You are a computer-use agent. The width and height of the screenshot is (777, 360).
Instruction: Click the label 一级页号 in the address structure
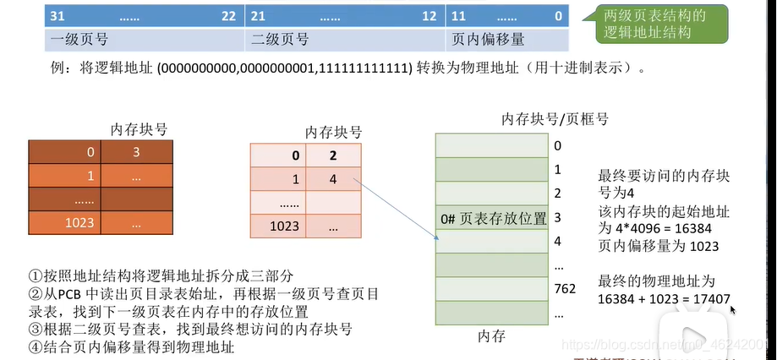[79, 39]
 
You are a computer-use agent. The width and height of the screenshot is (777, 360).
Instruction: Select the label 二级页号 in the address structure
[280, 39]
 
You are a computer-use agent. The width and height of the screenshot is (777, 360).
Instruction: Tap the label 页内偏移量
[489, 39]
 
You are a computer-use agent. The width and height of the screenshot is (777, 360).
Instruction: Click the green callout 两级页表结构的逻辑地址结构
[654, 23]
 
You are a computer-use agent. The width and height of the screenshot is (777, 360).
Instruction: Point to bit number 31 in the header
[57, 16]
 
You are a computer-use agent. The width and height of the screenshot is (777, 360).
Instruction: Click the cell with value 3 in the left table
[136, 153]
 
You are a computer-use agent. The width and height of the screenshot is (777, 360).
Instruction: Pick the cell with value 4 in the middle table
[333, 179]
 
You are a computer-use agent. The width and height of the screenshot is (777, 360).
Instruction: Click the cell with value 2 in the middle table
[333, 155]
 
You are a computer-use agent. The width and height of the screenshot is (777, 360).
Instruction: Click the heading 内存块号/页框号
[554, 118]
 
